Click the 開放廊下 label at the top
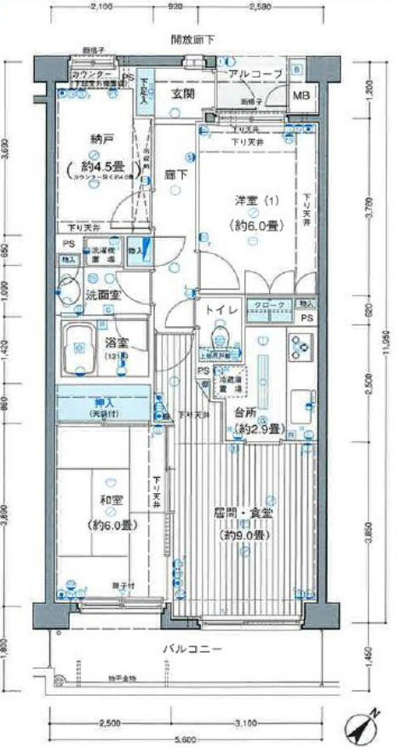pyautogui.click(x=192, y=39)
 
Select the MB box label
pyautogui.click(x=302, y=95)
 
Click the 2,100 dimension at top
pyautogui.click(x=100, y=7)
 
